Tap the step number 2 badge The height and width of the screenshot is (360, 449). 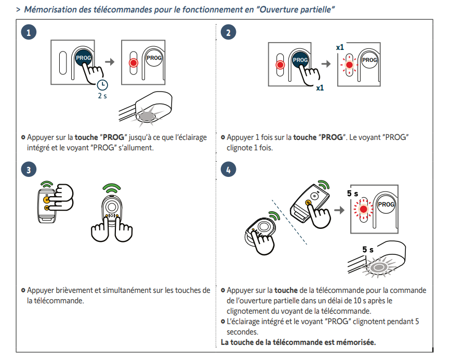pyautogui.click(x=229, y=33)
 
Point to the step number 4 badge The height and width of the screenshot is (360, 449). pyautogui.click(x=229, y=170)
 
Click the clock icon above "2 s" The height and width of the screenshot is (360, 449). pyautogui.click(x=102, y=84)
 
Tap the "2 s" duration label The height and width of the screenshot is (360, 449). pyautogui.click(x=102, y=97)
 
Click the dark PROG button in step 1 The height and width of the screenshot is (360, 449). pyautogui.click(x=83, y=58)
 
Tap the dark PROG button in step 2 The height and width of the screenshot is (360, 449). pyautogui.click(x=300, y=60)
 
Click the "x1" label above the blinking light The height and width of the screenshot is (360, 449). pyautogui.click(x=340, y=47)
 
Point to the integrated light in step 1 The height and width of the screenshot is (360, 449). pyautogui.click(x=149, y=113)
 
